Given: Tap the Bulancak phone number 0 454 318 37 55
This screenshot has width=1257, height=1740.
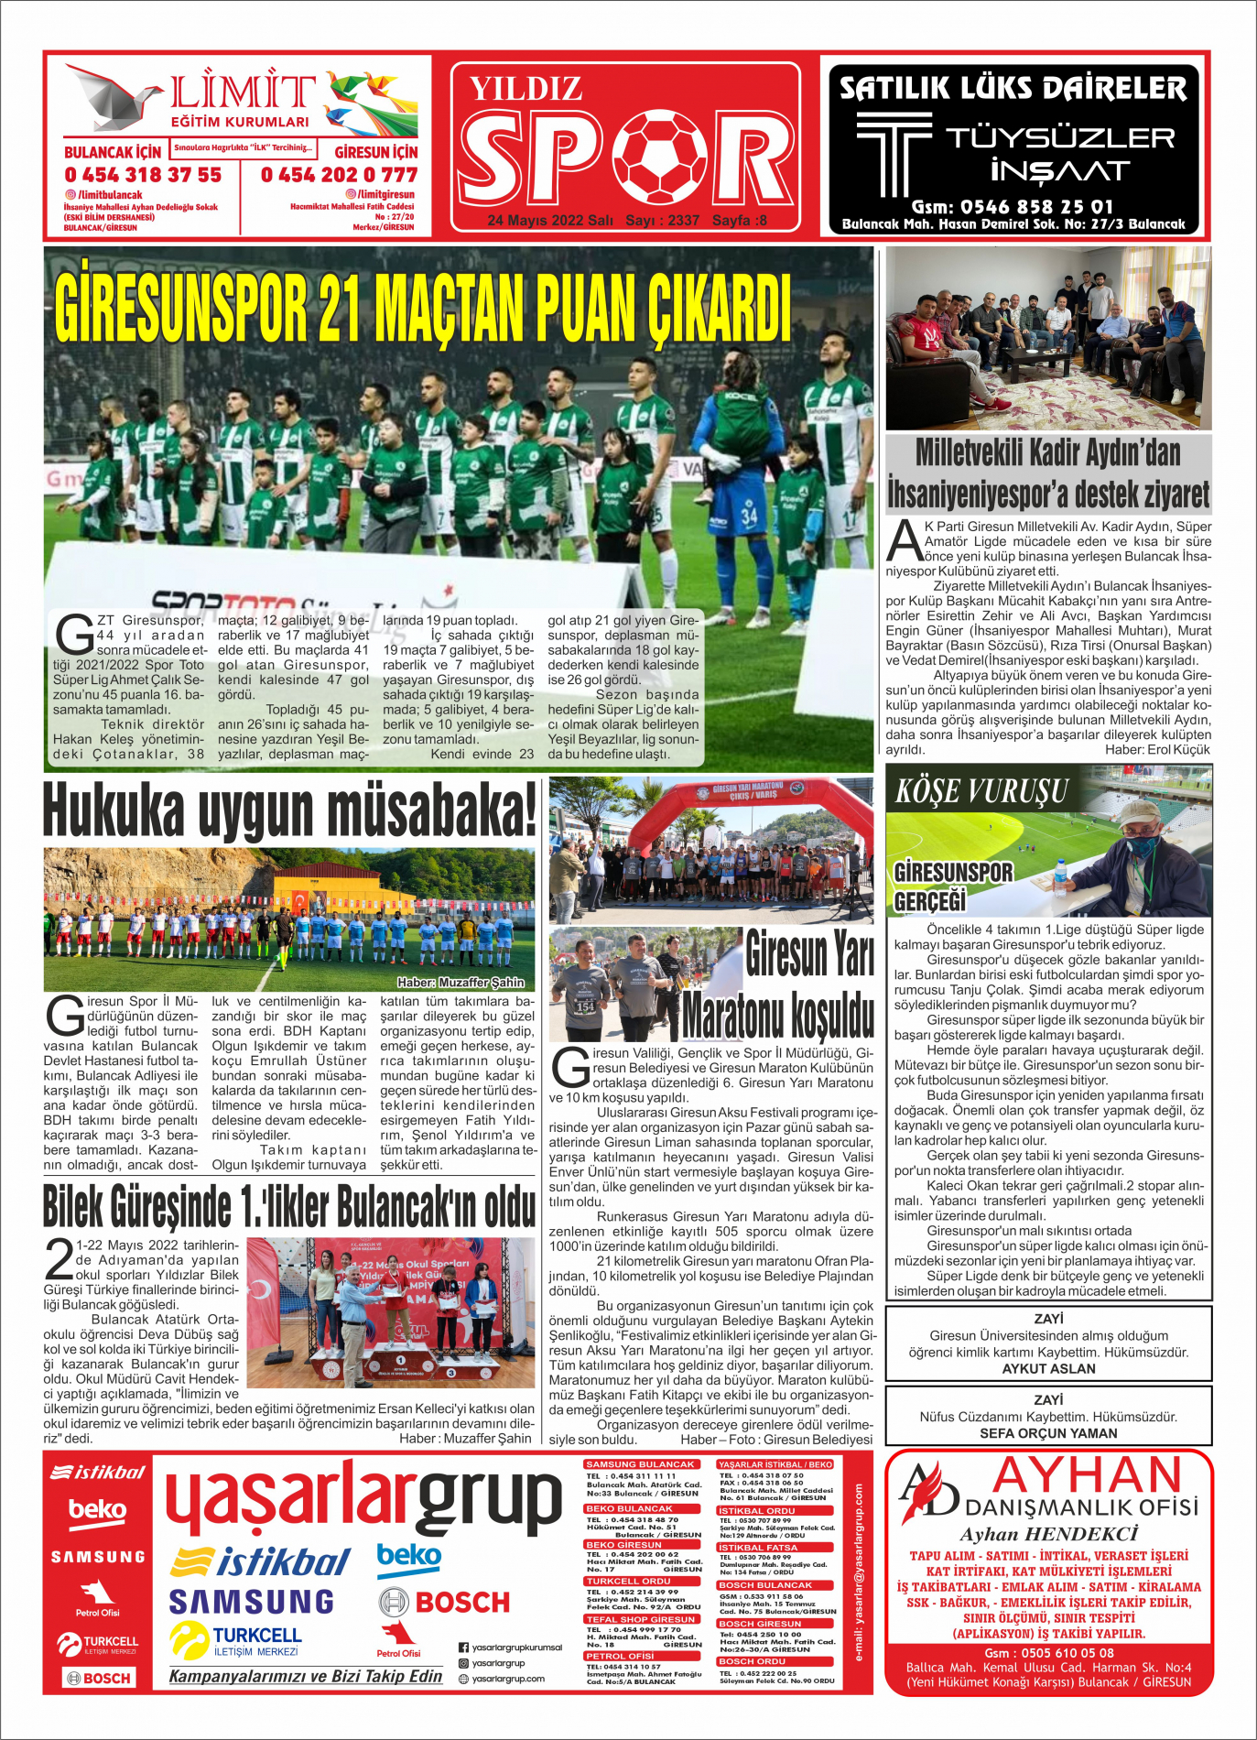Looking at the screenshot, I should [143, 174].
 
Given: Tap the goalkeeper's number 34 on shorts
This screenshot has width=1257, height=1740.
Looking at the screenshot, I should [749, 516].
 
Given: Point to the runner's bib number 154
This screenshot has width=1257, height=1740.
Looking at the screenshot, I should [585, 1006].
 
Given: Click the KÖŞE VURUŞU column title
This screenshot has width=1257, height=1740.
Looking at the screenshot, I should [981, 791].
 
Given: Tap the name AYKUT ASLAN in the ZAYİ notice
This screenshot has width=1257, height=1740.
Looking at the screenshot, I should [1048, 1368].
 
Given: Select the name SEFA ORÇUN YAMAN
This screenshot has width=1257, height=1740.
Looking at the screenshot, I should [1048, 1433].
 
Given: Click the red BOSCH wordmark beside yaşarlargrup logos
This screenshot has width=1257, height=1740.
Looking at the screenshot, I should [462, 1602].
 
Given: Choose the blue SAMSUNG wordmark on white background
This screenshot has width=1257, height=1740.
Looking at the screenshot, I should [252, 1601].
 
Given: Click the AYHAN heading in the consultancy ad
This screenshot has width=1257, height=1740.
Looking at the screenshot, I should [1088, 1475].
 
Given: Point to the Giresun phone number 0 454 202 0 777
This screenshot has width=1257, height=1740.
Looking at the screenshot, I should [339, 174].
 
